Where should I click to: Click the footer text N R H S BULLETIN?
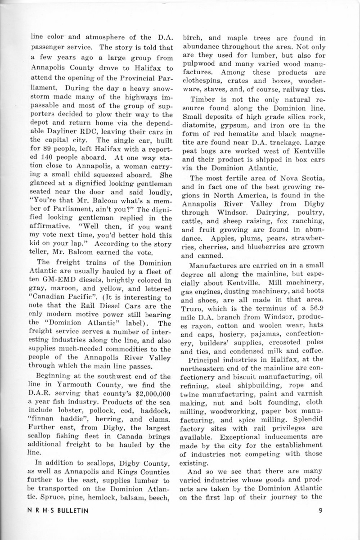56,510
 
